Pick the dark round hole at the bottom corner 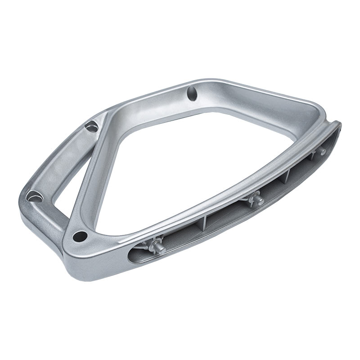[81, 235]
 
